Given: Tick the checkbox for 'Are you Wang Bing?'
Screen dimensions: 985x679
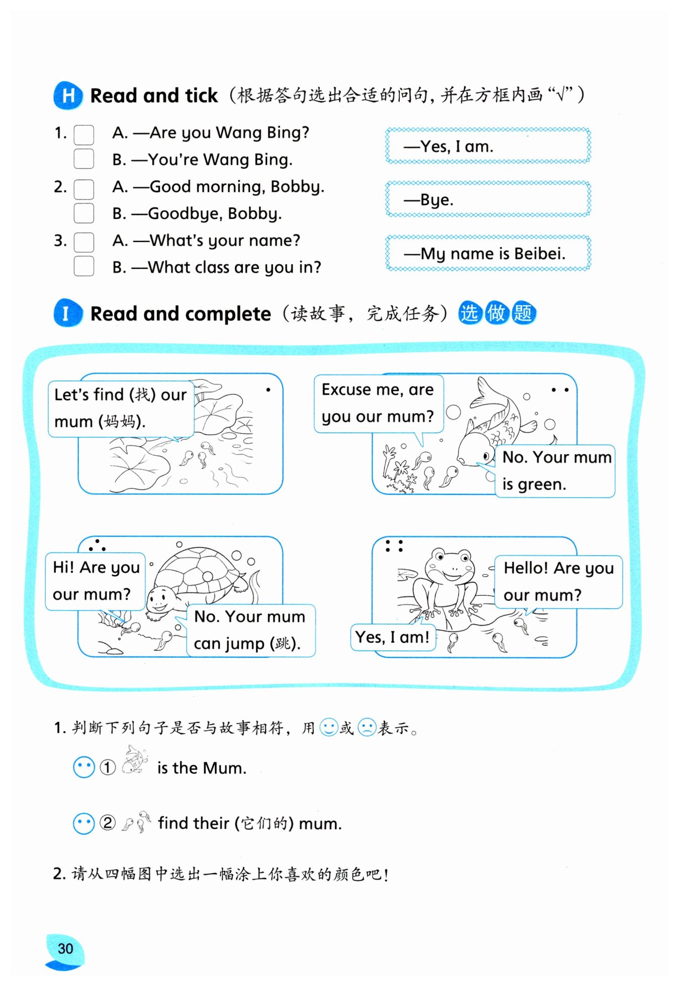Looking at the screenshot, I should pyautogui.click(x=83, y=134).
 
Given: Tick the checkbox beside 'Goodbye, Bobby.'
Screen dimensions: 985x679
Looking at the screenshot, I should pyautogui.click(x=83, y=213).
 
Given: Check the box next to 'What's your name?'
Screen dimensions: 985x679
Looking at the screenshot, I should pyautogui.click(x=83, y=242).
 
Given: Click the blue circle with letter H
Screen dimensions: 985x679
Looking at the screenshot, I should pyautogui.click(x=68, y=95).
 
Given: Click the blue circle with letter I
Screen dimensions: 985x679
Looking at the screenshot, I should pyautogui.click(x=67, y=313).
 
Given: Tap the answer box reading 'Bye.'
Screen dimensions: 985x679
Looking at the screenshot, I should pyautogui.click(x=487, y=199).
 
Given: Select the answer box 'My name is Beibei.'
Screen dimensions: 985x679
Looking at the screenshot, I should pyautogui.click(x=487, y=253).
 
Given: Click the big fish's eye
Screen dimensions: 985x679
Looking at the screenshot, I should pyautogui.click(x=486, y=456).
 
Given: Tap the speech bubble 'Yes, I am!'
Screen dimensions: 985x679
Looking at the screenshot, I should pyautogui.click(x=392, y=637).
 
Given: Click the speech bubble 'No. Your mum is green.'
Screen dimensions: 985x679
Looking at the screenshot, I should pyautogui.click(x=556, y=471).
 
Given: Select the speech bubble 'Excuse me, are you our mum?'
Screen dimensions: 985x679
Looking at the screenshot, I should pyautogui.click(x=378, y=403).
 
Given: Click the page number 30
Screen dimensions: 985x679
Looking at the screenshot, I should pyautogui.click(x=65, y=949).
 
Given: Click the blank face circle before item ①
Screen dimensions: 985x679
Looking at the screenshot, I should pyautogui.click(x=83, y=768).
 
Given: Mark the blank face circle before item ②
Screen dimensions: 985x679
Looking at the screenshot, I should pyautogui.click(x=83, y=823).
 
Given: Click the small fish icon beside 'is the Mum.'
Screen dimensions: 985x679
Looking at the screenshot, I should pyautogui.click(x=135, y=760).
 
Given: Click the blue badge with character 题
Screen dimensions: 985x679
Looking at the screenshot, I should pyautogui.click(x=523, y=313).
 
